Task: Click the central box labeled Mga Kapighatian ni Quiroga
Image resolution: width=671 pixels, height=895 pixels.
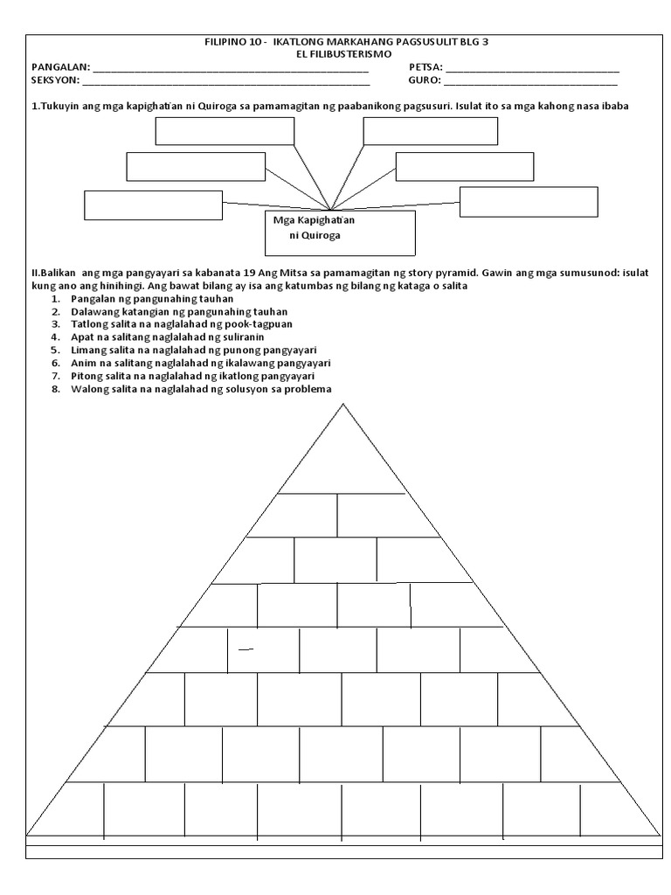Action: pyautogui.click(x=339, y=232)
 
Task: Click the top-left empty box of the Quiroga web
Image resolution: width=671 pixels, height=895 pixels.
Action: pyautogui.click(x=225, y=130)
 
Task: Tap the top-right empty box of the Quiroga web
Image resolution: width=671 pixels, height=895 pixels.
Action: pyautogui.click(x=430, y=130)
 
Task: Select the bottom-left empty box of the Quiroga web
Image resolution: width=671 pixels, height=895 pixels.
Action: pyautogui.click(x=153, y=205)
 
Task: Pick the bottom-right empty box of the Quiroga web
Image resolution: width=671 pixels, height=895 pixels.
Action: pyautogui.click(x=529, y=201)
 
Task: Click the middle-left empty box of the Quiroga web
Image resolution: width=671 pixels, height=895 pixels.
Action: pyautogui.click(x=196, y=166)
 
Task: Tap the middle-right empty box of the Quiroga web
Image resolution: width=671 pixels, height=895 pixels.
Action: pyautogui.click(x=464, y=166)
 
